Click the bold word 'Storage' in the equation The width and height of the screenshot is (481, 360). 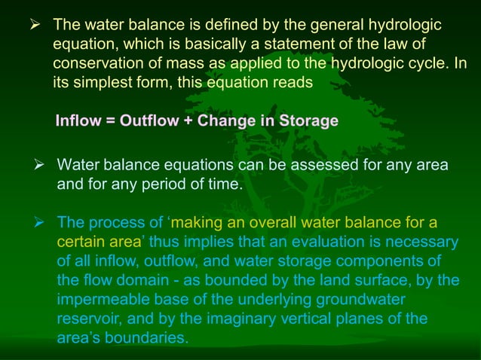[309, 121]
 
